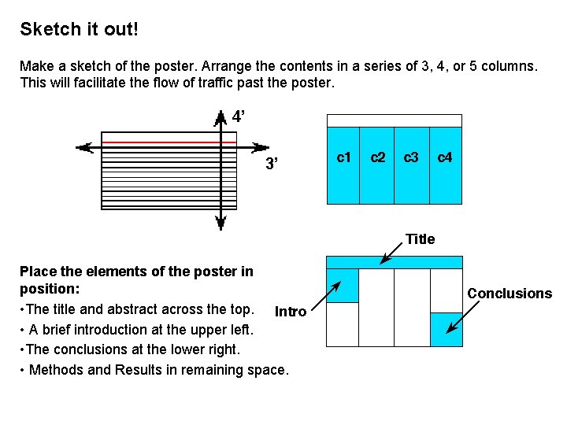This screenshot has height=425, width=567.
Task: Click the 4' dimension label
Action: tap(239, 117)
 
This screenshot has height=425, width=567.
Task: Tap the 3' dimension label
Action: tap(272, 164)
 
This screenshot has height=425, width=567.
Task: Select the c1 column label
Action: tap(344, 157)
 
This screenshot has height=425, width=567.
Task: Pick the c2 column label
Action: tap(378, 157)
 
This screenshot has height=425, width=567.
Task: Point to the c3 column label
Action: tap(411, 157)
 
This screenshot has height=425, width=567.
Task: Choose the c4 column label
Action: tap(445, 157)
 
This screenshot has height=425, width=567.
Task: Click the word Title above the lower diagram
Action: tap(420, 239)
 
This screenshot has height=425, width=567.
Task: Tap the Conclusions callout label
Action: tap(510, 294)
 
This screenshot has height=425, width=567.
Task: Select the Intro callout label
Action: tap(290, 312)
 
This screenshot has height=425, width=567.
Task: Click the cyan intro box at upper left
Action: tap(343, 286)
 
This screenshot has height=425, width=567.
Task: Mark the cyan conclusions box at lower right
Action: tap(447, 329)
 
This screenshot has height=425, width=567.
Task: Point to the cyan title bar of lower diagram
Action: tap(395, 262)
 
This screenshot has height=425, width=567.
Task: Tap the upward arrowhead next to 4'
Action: tap(221, 117)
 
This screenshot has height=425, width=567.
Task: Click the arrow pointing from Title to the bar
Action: tap(391, 253)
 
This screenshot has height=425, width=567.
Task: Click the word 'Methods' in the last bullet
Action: tap(55, 370)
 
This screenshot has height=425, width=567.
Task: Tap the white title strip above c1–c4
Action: tap(395, 120)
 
